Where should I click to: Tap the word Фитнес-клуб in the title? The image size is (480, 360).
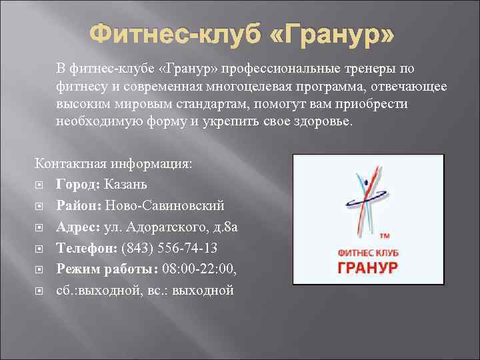click(x=167, y=34)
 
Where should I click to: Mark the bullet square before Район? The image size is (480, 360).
click(x=40, y=206)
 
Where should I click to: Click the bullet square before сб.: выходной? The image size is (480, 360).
click(x=40, y=291)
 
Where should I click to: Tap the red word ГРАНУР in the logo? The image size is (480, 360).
click(x=368, y=267)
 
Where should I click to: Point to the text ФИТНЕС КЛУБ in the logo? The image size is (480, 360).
click(x=368, y=252)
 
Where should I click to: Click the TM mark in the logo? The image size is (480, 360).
click(x=385, y=237)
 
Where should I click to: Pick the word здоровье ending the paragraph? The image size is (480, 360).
click(x=326, y=122)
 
